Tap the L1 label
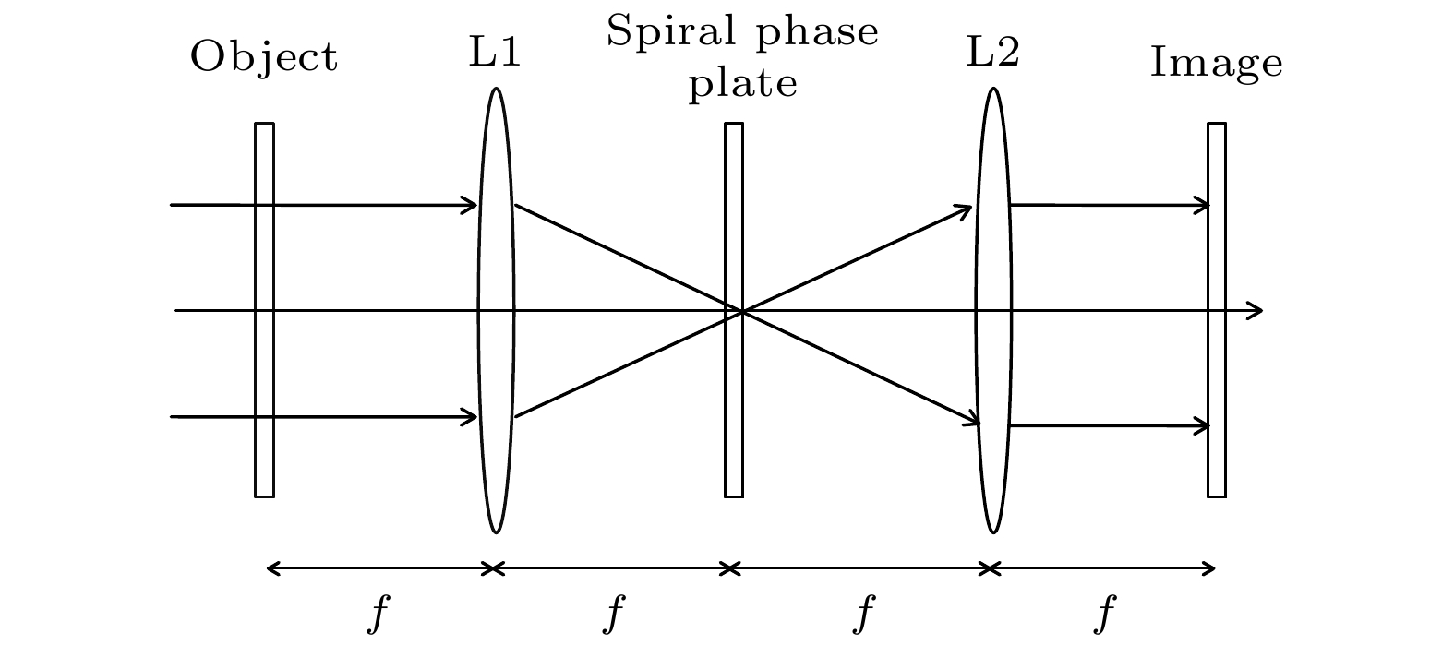495,52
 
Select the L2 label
993,52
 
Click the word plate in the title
742,84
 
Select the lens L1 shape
496,310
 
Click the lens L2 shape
993,310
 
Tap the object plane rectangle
264,310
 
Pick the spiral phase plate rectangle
734,310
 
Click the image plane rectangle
1217,310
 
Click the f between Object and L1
379,613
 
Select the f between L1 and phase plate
613,613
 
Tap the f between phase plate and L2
864,613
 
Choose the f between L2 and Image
1104,613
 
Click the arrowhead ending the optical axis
1263,311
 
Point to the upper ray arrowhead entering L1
476,205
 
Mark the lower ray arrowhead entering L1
476,417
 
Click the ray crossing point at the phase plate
742,312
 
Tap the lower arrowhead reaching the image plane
1208,426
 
